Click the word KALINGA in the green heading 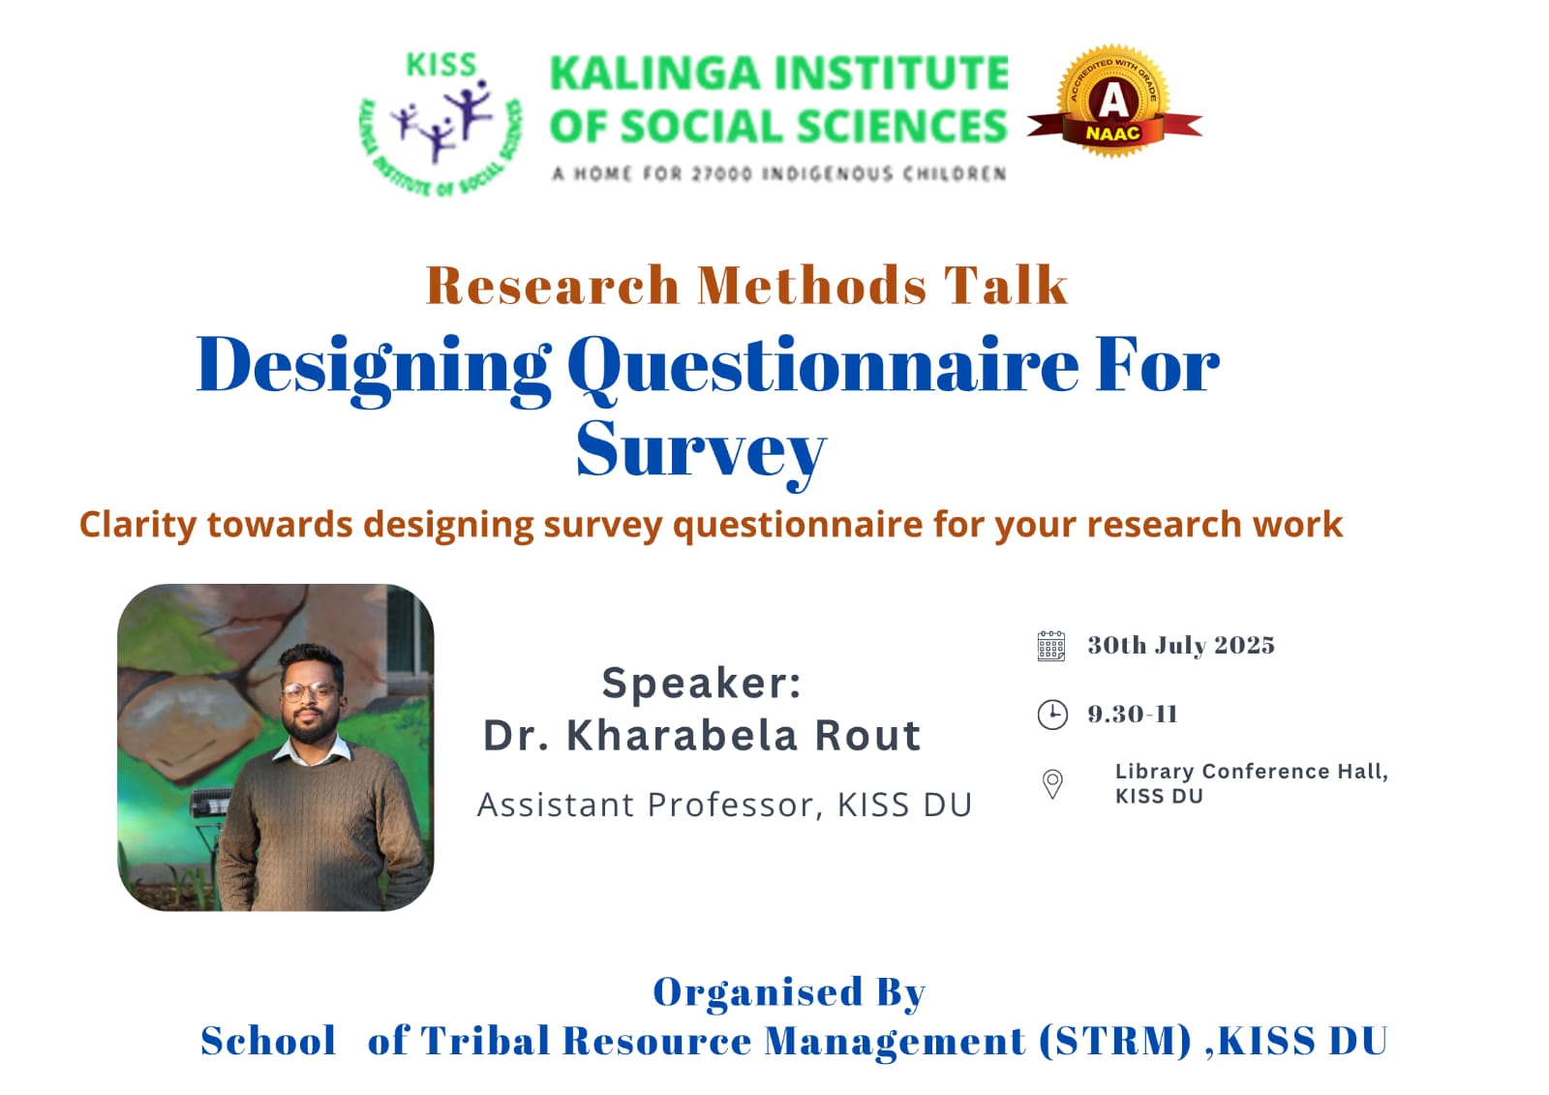pos(654,74)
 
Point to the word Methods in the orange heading pos(812,285)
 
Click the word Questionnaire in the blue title pos(823,367)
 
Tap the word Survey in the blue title pos(701,452)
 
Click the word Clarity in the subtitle pos(138,525)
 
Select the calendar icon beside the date pos(1051,646)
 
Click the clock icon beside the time pos(1052,715)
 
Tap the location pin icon pos(1052,784)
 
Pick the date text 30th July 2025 pos(1181,646)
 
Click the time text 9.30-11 pos(1133,714)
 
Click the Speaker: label pos(701,684)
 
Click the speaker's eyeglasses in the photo pos(309,691)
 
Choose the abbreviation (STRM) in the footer pos(1115,1041)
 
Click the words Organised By pos(789,992)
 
